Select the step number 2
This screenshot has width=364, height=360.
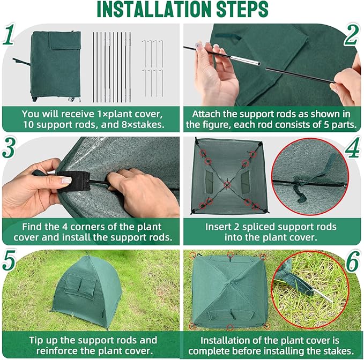(351, 35)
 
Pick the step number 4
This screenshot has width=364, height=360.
(351, 148)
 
